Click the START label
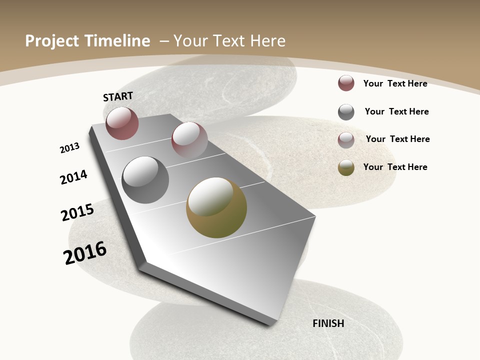coord(118,96)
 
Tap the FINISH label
coord(328,323)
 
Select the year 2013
coord(69,148)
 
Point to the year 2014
coord(73,177)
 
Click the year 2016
coord(85,252)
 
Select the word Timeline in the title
coord(117,41)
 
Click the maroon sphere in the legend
coord(346,83)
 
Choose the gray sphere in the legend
coord(346,112)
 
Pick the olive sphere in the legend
coord(346,167)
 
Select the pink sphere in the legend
coord(346,139)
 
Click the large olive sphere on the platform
coord(216,207)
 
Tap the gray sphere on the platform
coord(145,180)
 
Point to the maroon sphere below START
coord(122,123)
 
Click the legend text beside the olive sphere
coord(395,167)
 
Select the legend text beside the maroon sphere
coord(395,83)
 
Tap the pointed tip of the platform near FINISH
coord(272,323)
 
